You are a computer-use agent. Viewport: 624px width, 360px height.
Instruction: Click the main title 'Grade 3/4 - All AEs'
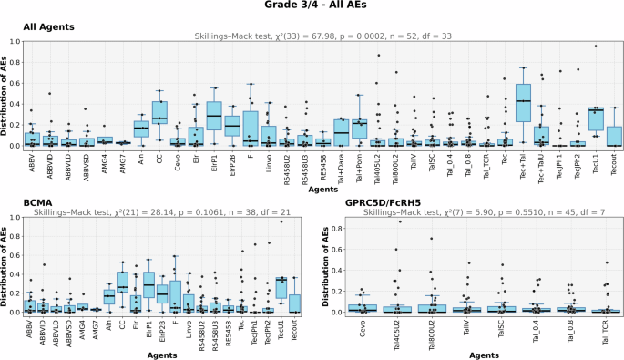[x=312, y=7]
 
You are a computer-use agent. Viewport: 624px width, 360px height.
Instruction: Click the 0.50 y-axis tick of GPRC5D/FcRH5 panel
[x=323, y=263]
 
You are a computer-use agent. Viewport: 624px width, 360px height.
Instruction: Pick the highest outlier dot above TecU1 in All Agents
[x=596, y=46]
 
